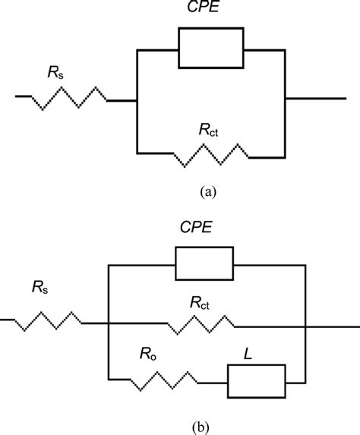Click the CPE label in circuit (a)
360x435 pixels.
coord(210,10)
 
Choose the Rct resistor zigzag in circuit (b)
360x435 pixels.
coord(202,324)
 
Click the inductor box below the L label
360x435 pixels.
coord(257,380)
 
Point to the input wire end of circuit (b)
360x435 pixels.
coord(4,321)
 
